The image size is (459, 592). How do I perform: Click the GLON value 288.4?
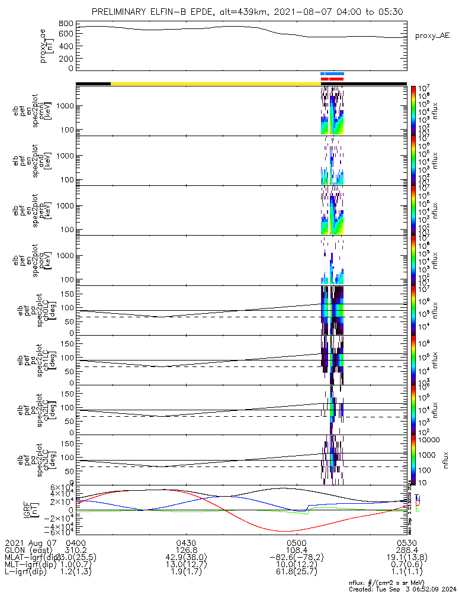[406, 549]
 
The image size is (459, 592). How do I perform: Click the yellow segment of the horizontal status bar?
[213, 83]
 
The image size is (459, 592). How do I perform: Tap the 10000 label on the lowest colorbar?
[431, 440]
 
